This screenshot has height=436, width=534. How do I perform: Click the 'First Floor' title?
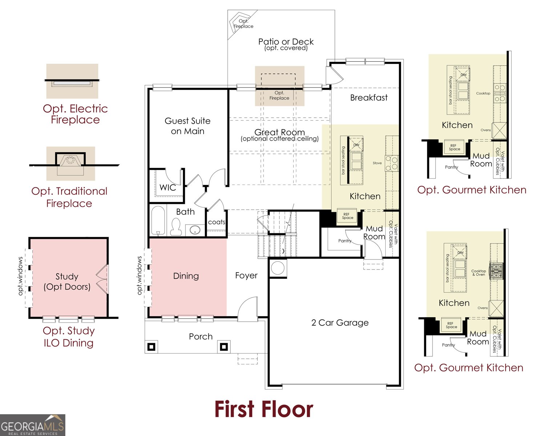point(264,409)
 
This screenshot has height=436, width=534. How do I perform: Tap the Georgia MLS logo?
point(32,425)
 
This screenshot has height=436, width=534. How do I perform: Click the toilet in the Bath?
point(176,226)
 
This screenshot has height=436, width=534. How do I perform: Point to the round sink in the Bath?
point(195,230)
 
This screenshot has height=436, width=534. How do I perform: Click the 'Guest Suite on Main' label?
point(187,126)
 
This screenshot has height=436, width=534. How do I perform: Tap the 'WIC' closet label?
point(168,187)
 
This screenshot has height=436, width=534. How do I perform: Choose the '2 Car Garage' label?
point(340,323)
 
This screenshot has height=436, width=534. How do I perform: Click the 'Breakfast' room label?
point(369,98)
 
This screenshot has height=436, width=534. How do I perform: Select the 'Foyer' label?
point(246,275)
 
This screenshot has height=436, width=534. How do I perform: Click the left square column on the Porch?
point(152,347)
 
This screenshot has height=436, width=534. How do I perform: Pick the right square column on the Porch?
point(224,347)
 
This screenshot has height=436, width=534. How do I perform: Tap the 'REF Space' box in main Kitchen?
point(348,216)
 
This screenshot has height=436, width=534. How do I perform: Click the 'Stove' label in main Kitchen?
point(377,163)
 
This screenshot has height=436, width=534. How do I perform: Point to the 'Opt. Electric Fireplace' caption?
point(75,114)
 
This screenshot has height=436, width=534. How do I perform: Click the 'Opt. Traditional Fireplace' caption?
point(69,197)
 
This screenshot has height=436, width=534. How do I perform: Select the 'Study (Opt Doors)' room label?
point(67,281)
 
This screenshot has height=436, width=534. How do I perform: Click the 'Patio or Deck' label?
point(286,41)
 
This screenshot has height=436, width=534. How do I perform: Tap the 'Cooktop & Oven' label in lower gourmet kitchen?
point(478,272)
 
